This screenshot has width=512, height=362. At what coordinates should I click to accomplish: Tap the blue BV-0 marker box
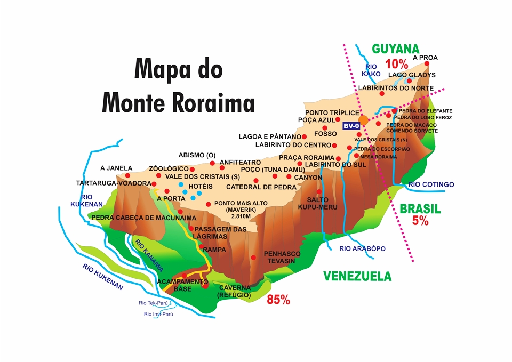[350, 126]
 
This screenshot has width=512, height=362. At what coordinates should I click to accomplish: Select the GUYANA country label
[396, 49]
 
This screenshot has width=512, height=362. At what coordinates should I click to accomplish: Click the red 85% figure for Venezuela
[278, 300]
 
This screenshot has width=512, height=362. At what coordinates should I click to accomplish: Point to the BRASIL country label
[420, 209]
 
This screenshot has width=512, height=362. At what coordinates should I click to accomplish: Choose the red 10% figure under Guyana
[396, 64]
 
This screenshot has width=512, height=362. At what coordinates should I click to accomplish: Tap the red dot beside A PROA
[427, 63]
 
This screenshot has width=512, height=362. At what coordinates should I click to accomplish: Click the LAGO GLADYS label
[412, 75]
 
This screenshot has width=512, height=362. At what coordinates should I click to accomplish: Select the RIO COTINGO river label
[431, 184]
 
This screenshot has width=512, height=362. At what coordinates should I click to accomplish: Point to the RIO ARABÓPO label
[362, 248]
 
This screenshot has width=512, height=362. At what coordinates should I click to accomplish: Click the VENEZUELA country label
[357, 276]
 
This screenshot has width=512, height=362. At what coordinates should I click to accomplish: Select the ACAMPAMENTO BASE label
[182, 285]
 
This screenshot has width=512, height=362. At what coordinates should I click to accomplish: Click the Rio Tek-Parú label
[153, 303]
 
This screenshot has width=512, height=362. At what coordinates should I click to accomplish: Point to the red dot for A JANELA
[127, 175]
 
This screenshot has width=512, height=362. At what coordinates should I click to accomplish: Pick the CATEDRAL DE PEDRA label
[261, 187]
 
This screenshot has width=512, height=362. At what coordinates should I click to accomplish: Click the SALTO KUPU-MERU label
[318, 203]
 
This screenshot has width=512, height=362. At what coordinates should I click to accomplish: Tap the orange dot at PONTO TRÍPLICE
[364, 120]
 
